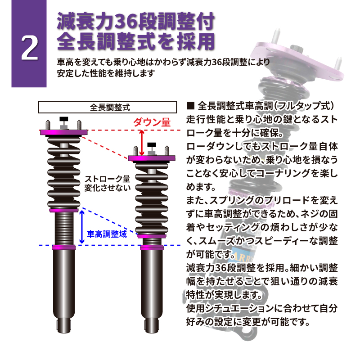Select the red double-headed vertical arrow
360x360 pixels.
click(x=142, y=142)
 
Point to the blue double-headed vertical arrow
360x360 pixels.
click(x=81, y=227)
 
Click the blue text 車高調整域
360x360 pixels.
click(x=107, y=234)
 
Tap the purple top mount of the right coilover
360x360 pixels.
click(x=151, y=158)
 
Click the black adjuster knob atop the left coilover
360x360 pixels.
click(x=63, y=121)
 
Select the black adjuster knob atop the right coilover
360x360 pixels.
click(x=151, y=147)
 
